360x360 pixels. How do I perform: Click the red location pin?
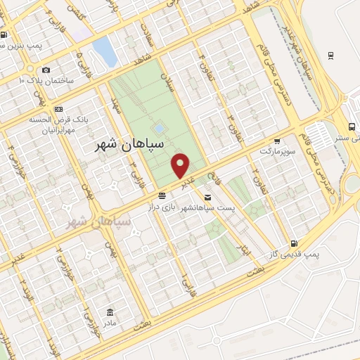click(181, 165)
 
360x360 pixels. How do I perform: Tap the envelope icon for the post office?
click(207, 197)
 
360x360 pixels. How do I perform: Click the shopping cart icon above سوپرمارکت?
click(277, 140)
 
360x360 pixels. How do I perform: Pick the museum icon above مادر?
click(110, 311)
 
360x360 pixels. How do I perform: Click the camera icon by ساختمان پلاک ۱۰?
click(46, 70)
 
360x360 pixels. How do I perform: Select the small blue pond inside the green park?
click(160, 129)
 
